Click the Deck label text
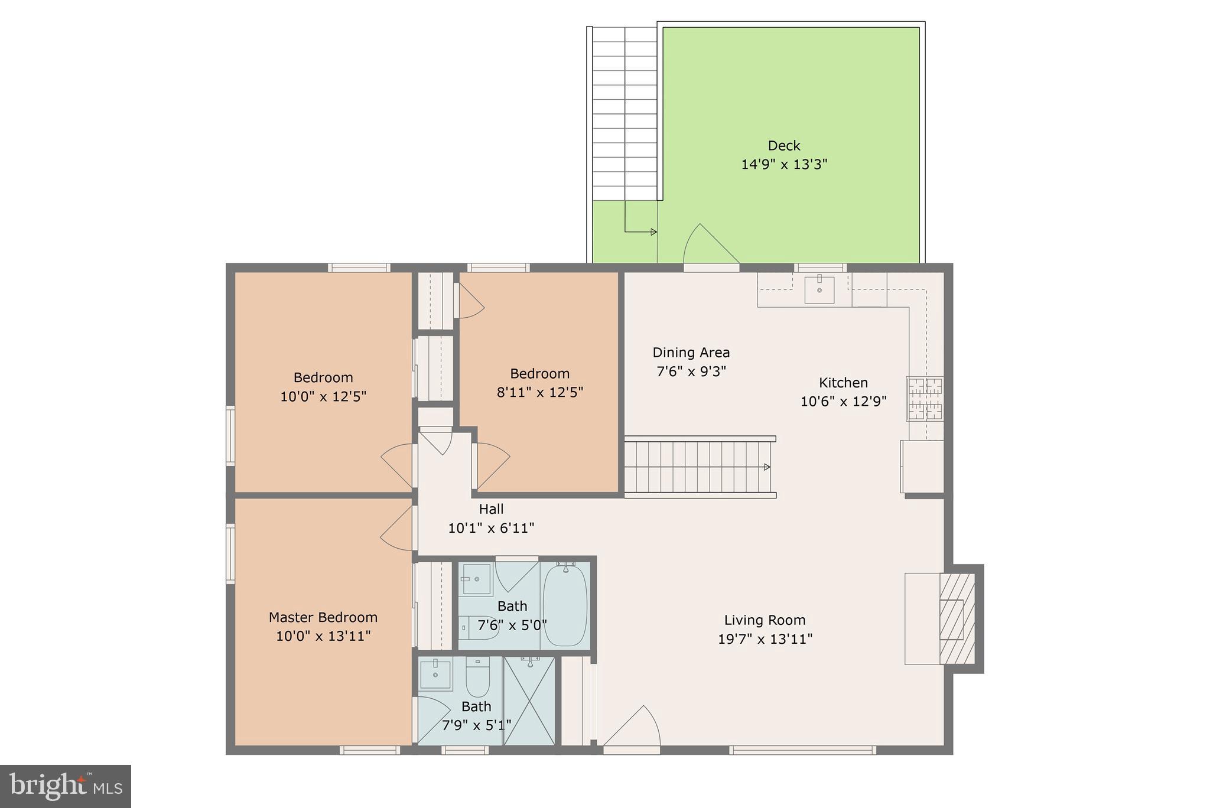pos(784,146)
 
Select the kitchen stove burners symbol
pos(925,399)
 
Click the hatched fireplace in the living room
pos(957,618)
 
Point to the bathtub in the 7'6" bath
pos(565,604)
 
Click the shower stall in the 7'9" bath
pos(529,700)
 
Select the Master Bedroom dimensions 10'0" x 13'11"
pos(323,636)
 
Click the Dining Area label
pos(691,353)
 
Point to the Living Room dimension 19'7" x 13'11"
pos(765,639)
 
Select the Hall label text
pos(491,509)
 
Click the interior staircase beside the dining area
pos(700,467)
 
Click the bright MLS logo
pos(66,786)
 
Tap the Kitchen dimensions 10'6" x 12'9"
pos(843,402)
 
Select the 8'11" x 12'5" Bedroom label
pos(539,374)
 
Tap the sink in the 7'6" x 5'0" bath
pos(476,579)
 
